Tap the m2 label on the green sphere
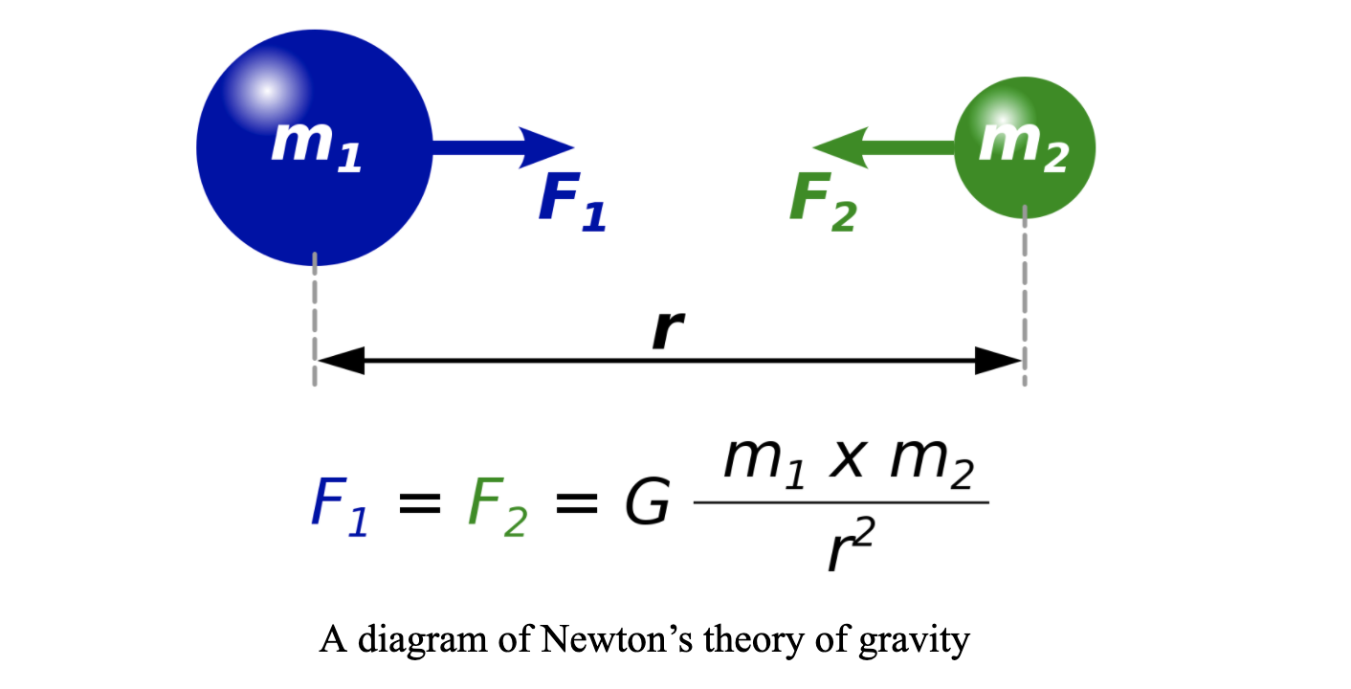pos(1023,148)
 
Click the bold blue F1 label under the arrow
pos(572,204)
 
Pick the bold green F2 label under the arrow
pos(822,204)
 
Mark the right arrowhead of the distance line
pos(1000,361)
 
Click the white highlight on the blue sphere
pos(267,90)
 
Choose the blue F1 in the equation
pos(338,507)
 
